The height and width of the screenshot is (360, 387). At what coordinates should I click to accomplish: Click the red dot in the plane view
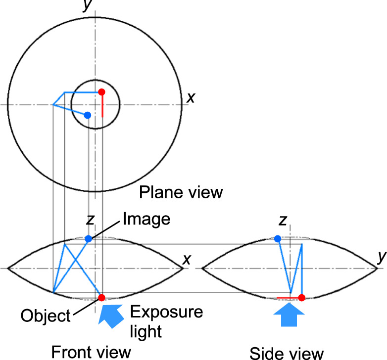point(101,92)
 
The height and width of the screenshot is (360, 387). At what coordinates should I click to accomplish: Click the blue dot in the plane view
point(88,115)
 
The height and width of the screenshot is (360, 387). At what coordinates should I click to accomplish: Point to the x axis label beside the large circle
point(191,98)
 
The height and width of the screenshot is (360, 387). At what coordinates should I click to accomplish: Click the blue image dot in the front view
point(88,239)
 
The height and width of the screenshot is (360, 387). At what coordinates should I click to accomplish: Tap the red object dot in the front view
point(101,297)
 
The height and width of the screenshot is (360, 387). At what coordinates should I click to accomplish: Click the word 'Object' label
point(46,315)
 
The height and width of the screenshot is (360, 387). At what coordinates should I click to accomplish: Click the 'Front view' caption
point(91,352)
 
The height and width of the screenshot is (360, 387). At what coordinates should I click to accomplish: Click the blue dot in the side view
point(278,239)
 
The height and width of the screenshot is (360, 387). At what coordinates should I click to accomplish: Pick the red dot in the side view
point(301,298)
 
